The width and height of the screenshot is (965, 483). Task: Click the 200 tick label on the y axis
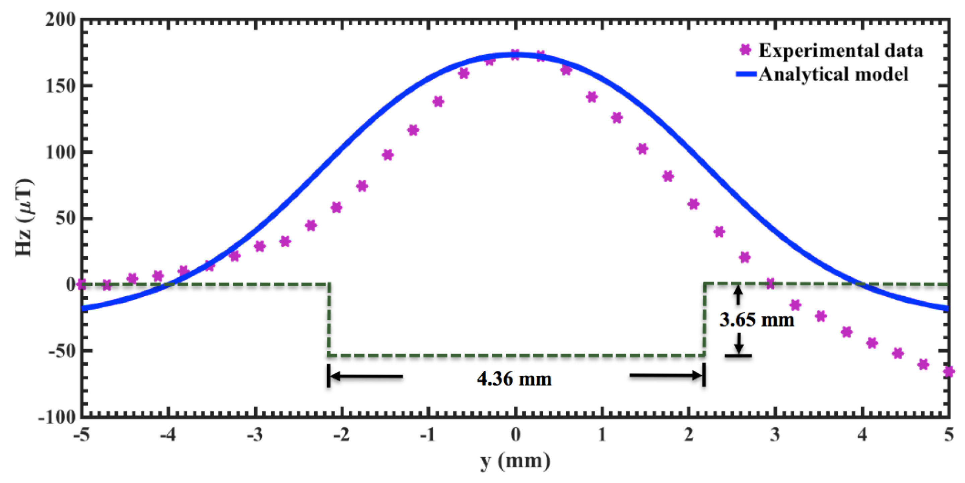(x=60, y=19)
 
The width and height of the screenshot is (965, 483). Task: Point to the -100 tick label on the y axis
(x=57, y=417)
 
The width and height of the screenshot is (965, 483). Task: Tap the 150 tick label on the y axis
(x=60, y=86)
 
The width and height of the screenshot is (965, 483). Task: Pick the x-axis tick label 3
(x=775, y=435)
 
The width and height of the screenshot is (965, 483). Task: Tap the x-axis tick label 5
(x=948, y=435)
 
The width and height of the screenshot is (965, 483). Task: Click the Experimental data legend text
(x=841, y=51)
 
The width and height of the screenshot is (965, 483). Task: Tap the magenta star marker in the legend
(x=746, y=50)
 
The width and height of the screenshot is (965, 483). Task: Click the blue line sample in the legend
(x=746, y=74)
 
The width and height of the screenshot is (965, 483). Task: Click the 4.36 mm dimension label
(x=514, y=379)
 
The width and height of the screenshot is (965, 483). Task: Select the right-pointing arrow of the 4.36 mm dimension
(x=665, y=375)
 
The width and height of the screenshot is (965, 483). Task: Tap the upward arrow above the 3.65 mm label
(x=738, y=294)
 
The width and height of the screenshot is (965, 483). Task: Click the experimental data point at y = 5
(x=948, y=372)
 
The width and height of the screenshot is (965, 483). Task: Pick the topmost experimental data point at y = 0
(x=515, y=54)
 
